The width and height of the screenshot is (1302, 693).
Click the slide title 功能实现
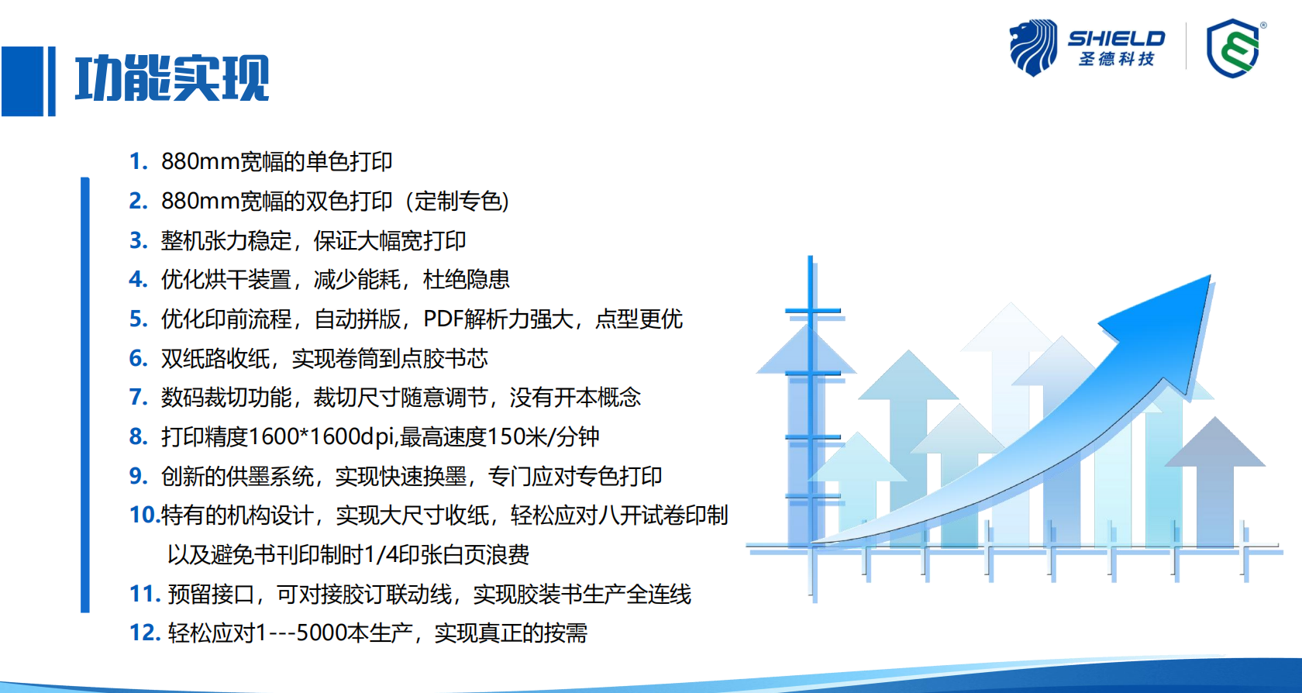coord(172,78)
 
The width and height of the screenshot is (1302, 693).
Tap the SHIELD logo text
coord(1116,39)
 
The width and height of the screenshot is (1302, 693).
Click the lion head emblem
coord(1033,47)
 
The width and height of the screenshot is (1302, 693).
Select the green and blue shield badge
coord(1234,48)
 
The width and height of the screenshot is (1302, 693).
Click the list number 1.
coord(138,161)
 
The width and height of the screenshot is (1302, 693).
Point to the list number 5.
coord(138,319)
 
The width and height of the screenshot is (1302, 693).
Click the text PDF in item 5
coord(443,319)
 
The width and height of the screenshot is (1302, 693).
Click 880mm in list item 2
coord(200,202)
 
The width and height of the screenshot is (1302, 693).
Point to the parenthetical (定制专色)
coord(457,202)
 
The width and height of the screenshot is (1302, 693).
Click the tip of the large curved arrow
coord(1210,276)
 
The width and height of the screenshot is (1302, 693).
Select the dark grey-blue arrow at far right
coord(1215,481)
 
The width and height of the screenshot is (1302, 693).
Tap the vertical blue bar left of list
coord(85,395)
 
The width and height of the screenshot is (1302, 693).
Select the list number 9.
coord(138,476)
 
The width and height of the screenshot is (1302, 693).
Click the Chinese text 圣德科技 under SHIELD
coord(1116,59)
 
